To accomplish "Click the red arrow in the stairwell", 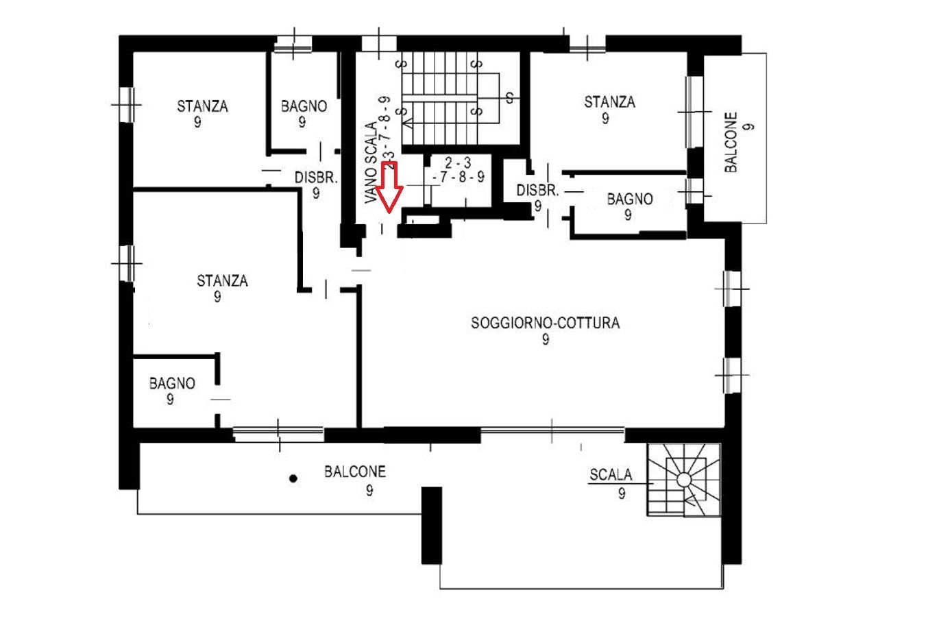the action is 389,186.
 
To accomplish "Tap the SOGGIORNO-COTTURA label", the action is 546,323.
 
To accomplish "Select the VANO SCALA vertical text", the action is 371,162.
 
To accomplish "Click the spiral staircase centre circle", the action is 684,479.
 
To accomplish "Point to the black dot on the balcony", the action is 293,478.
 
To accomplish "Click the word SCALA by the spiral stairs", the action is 611,474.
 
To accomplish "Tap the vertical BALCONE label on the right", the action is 731,142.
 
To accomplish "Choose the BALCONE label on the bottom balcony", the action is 355,472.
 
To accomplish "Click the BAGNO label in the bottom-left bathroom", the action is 172,383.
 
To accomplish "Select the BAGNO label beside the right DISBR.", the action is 630,199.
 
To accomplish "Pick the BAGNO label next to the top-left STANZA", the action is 304,106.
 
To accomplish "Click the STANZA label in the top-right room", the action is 609,102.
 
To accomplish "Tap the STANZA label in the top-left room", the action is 202,106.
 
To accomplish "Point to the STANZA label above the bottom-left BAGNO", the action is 222,280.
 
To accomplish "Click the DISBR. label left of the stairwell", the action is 316,178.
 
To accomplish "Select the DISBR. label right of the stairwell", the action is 537,191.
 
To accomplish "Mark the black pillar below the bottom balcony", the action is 431,525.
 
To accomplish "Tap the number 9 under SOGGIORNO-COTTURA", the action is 546,339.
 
